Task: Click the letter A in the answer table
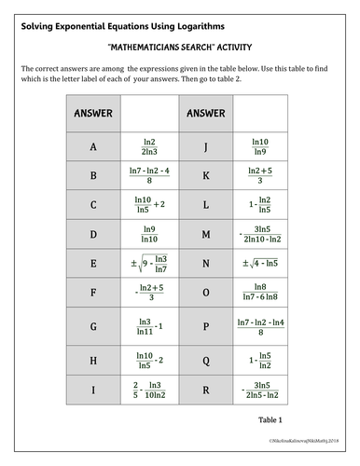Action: pos(92,146)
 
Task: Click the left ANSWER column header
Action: pos(92,115)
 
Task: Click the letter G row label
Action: pos(92,323)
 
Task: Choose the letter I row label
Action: pos(92,384)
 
